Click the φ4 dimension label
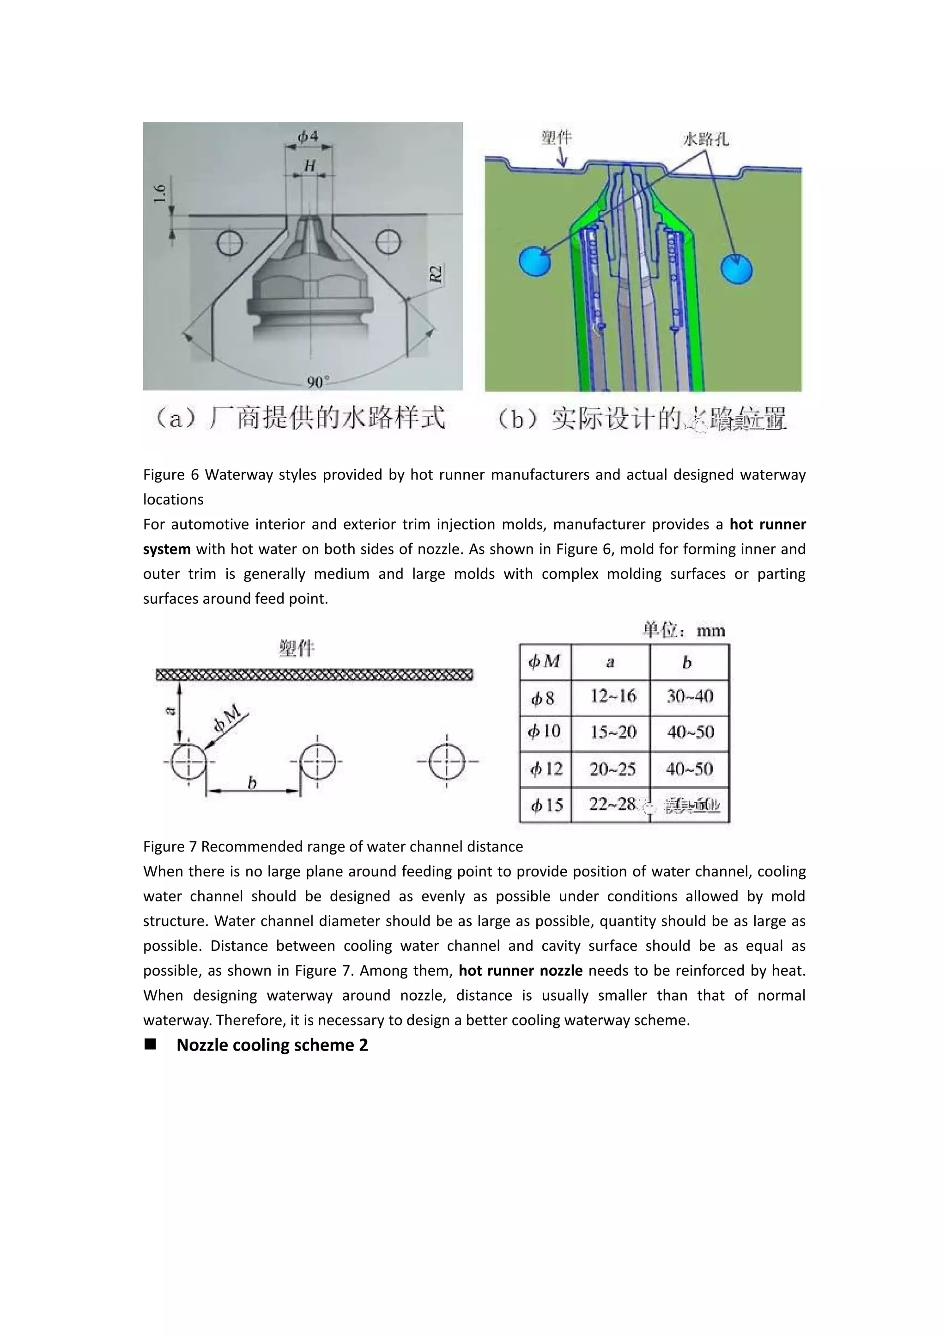(x=308, y=136)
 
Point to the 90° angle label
(x=318, y=382)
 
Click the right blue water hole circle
(x=736, y=269)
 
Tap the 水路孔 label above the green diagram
(x=705, y=139)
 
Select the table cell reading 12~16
(x=613, y=696)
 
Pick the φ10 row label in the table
(x=545, y=732)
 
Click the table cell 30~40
(x=690, y=696)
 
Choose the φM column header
(x=545, y=662)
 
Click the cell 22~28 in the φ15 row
(x=612, y=805)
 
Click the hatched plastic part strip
(x=315, y=675)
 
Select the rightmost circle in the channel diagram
(x=447, y=761)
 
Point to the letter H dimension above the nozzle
(x=310, y=166)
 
